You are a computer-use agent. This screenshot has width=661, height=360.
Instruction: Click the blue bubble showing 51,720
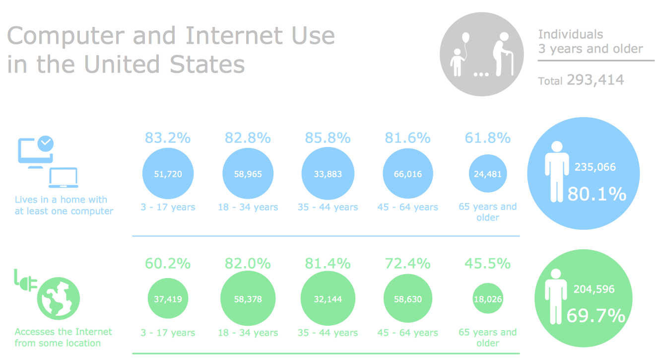[168, 174]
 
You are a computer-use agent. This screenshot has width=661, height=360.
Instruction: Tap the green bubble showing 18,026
[488, 299]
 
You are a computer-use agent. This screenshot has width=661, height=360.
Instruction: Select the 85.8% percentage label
[328, 138]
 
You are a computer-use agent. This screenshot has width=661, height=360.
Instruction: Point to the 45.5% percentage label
[487, 263]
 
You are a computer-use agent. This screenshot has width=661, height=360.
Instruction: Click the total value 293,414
[595, 80]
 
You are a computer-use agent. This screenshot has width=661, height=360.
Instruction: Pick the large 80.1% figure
[596, 194]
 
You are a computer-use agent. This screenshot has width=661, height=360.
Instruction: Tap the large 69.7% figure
[595, 315]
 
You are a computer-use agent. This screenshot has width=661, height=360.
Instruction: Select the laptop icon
[63, 178]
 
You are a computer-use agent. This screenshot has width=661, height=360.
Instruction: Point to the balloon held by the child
[465, 38]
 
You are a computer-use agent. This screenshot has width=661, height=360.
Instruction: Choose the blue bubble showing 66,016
[407, 174]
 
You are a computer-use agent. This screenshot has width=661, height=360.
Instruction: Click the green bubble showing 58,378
[248, 299]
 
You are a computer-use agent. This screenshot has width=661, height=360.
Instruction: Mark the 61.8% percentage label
[487, 138]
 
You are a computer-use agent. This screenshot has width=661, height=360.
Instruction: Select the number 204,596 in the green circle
[594, 289]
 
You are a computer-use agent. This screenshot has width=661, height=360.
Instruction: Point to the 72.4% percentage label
[407, 263]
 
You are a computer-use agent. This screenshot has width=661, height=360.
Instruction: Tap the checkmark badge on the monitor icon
[46, 143]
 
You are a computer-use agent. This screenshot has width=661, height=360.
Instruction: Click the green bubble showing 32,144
[328, 299]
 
